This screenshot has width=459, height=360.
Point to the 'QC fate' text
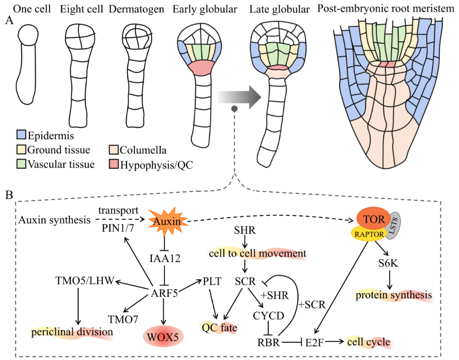tap(219, 328)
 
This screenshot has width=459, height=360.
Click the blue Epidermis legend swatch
tap(20, 136)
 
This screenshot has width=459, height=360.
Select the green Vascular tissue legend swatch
tap(20, 164)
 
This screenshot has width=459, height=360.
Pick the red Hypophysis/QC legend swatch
tap(113, 164)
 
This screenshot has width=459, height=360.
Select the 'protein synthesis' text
tap(393, 295)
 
